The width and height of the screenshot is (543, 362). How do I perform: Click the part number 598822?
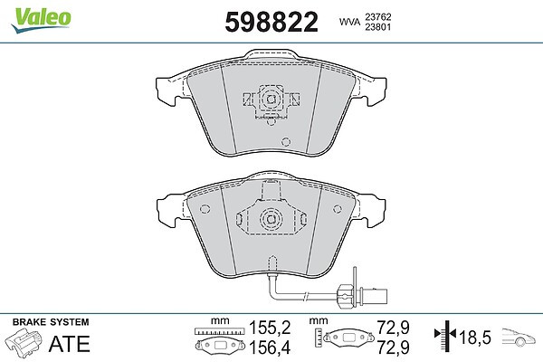271,22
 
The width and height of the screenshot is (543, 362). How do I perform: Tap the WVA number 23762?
377,17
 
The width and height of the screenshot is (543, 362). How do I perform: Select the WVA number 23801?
377,27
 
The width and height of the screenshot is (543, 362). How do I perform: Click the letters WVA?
349,22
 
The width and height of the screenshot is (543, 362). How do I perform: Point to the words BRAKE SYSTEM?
51,322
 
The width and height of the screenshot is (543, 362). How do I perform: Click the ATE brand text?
70,344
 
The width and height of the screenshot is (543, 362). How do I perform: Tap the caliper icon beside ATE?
24,341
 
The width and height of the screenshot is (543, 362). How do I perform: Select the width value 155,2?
270,328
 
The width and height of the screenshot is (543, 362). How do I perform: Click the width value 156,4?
270,348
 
